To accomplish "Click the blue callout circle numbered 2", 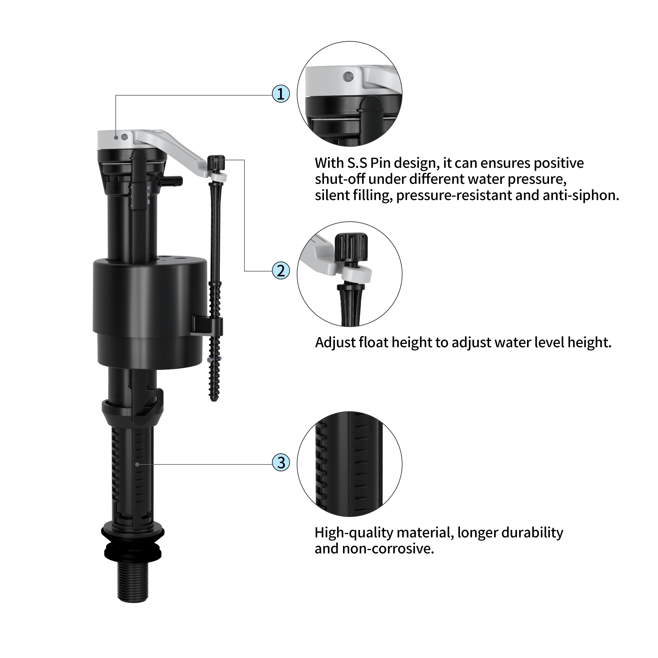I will coord(281,271).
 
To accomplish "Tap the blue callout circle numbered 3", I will coord(281,463).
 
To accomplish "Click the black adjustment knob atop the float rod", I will coord(217,163).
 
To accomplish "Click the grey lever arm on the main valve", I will coord(177,149).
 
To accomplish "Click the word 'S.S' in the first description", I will coord(357,163).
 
